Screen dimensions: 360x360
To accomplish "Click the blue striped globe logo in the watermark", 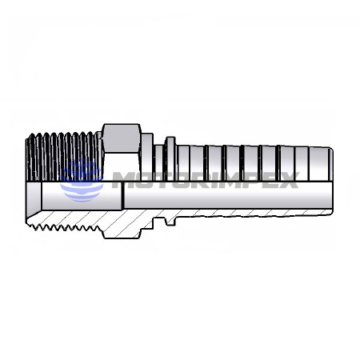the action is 82,181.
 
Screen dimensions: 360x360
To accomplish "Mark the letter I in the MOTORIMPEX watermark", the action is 218,180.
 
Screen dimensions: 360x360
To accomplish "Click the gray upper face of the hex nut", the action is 122,138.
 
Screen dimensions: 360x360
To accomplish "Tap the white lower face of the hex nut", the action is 122,167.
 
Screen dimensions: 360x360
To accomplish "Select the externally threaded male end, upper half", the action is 64,157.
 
